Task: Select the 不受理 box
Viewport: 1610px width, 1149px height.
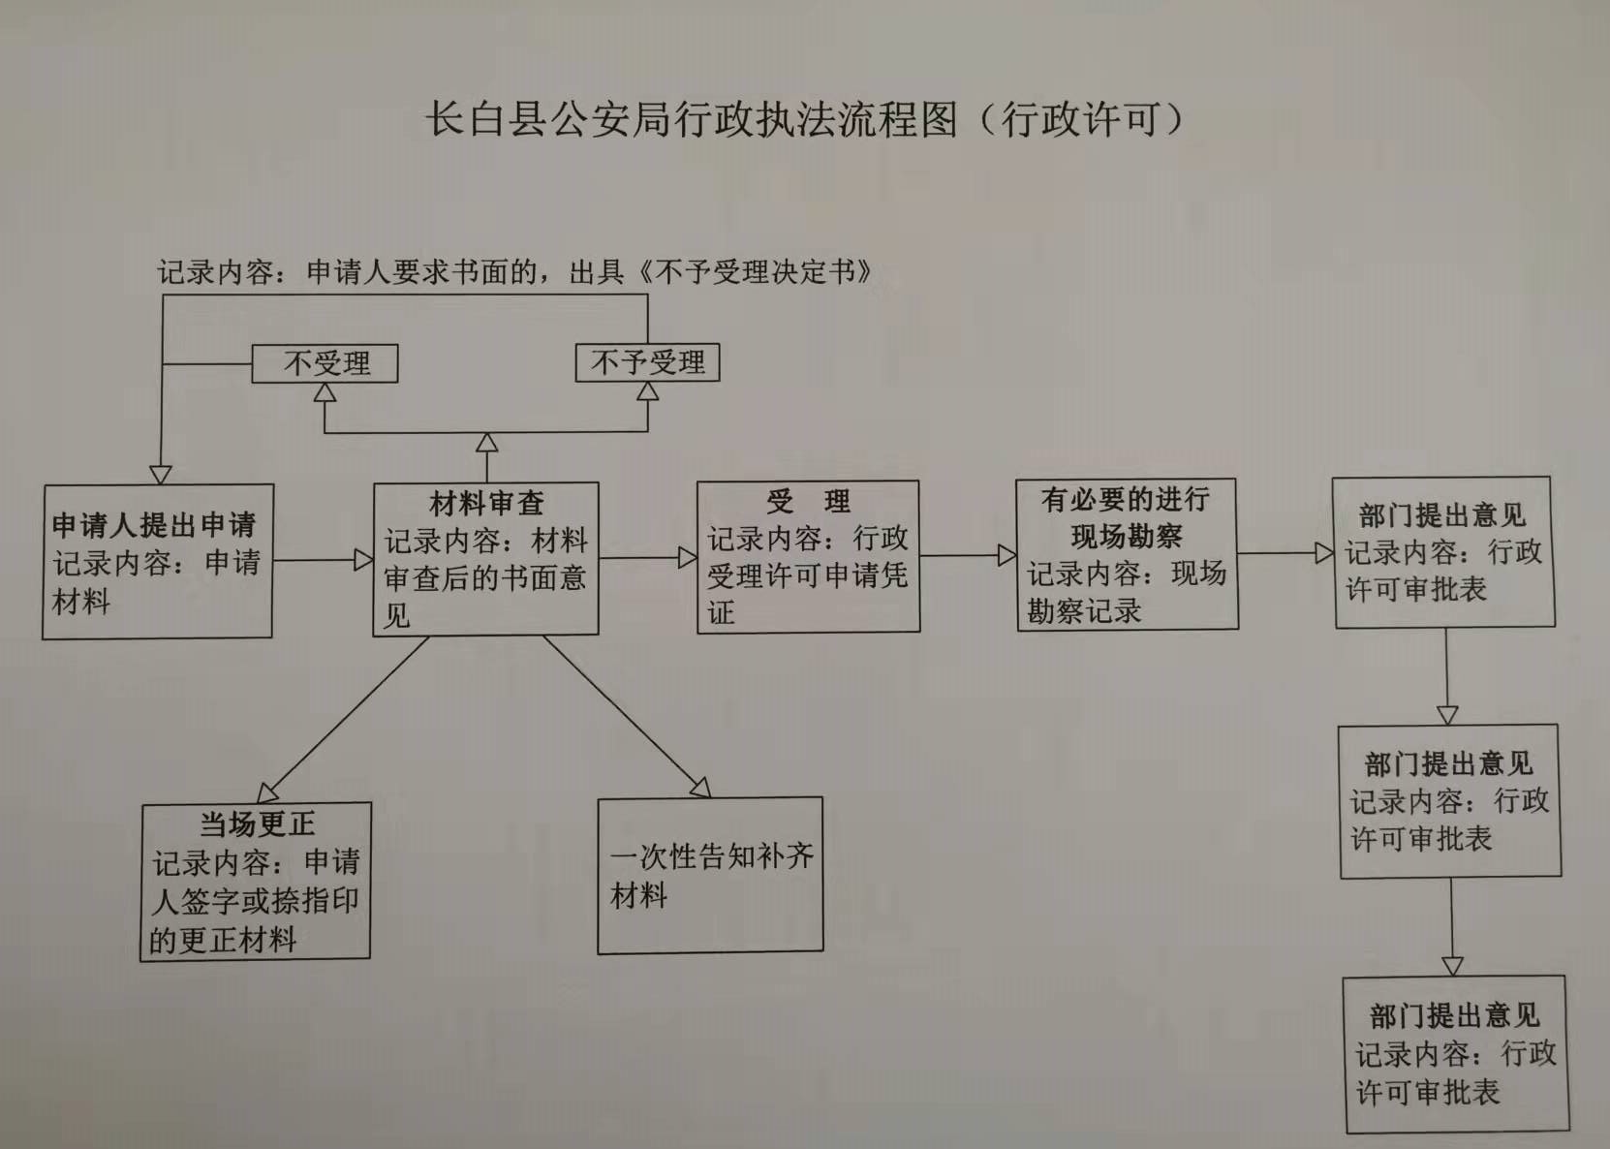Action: coord(325,363)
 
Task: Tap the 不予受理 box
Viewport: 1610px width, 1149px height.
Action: coord(647,362)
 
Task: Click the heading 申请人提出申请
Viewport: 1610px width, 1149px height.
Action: coord(154,525)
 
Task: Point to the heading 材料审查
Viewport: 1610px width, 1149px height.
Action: coord(486,503)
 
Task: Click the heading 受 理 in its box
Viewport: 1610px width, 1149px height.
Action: coord(808,501)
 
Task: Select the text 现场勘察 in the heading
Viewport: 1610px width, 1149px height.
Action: coord(1126,536)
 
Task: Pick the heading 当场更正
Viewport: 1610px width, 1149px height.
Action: coord(257,823)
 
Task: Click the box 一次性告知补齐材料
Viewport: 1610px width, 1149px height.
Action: coord(710,875)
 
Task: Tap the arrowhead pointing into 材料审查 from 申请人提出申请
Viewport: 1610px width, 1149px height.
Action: coord(363,560)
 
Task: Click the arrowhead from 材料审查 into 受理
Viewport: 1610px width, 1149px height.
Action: coord(687,557)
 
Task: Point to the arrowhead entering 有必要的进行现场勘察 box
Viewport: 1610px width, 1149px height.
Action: coord(1006,555)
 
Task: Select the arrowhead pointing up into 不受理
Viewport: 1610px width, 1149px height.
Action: coord(325,392)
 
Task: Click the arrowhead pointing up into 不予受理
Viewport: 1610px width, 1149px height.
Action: coord(648,391)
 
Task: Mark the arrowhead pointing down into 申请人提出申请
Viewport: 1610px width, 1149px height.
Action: coord(161,475)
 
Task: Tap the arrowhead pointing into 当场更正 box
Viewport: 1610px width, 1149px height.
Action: coord(267,792)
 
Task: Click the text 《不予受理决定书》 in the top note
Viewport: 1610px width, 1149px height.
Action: coord(755,271)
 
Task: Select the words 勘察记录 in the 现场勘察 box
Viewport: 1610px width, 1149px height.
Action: coord(1084,610)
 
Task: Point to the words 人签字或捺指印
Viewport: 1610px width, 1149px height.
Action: coord(254,901)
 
